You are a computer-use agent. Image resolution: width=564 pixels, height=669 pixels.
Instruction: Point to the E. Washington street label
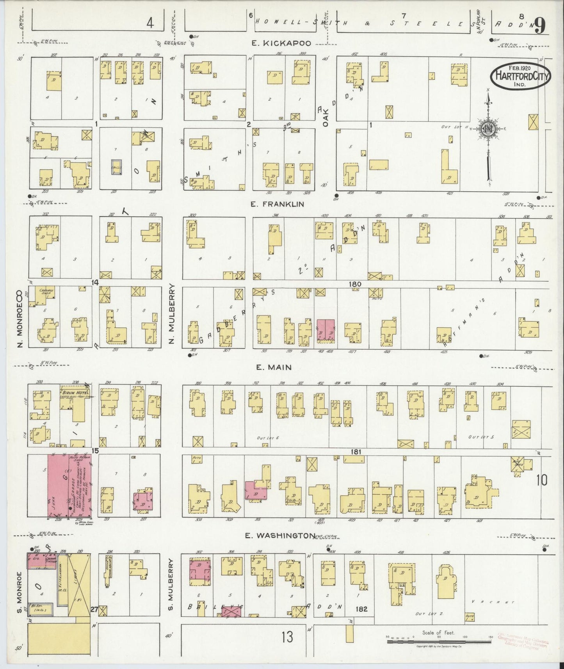280,536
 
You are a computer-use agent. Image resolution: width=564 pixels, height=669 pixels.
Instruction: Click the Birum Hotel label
75,392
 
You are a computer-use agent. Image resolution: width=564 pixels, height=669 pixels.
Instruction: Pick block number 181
356,452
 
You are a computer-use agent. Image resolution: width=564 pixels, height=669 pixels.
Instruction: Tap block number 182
361,609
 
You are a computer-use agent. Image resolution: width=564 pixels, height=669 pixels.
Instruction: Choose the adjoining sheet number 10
542,480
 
